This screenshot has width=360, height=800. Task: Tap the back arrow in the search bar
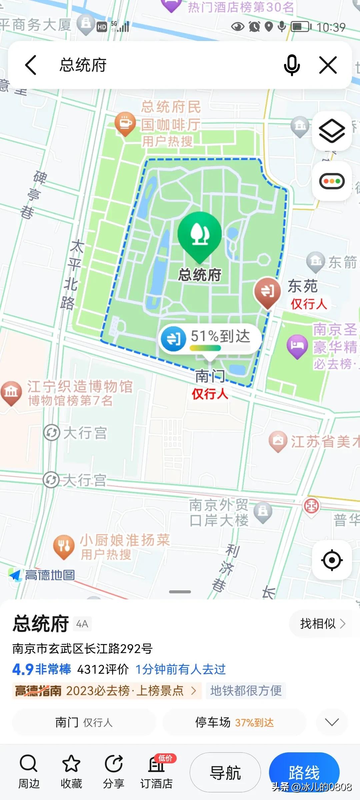tap(31, 65)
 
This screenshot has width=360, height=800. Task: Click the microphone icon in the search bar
tap(292, 65)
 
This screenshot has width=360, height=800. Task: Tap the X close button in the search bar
tap(328, 65)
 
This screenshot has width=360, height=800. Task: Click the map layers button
tap(332, 131)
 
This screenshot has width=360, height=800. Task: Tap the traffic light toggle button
tap(332, 181)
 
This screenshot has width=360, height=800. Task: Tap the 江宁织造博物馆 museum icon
tap(11, 392)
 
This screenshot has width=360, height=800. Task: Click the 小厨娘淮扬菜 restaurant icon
tap(64, 546)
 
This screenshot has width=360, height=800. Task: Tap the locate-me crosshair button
tap(332, 560)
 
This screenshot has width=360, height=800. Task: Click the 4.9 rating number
tap(23, 669)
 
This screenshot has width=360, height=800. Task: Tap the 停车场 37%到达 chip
tap(234, 722)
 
